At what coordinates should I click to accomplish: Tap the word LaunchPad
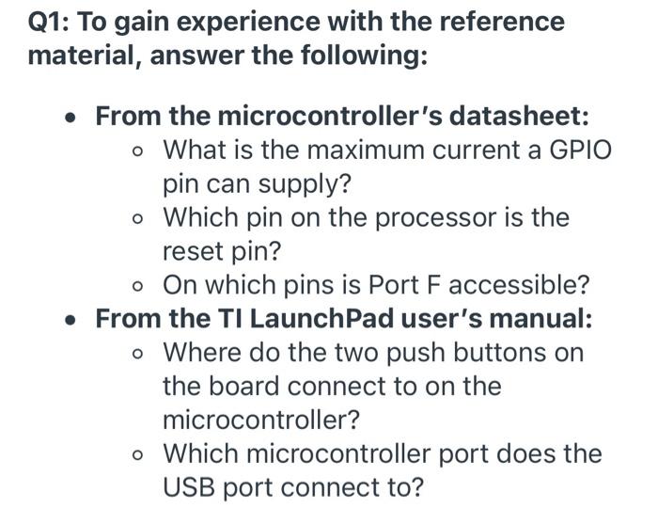308,320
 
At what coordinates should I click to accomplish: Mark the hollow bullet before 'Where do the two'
139,355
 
